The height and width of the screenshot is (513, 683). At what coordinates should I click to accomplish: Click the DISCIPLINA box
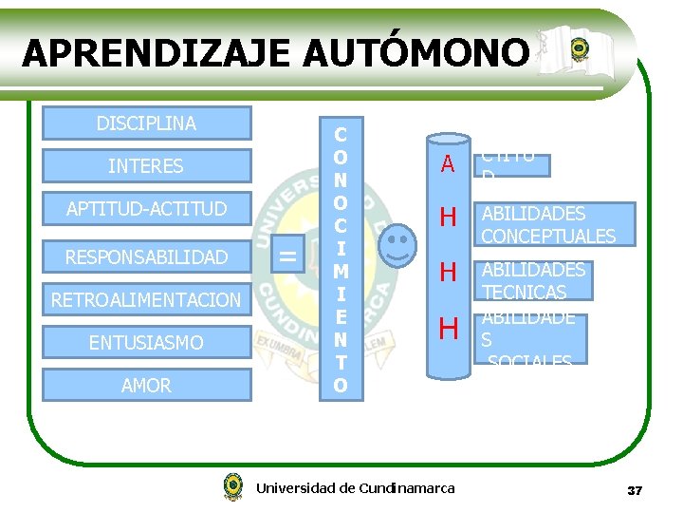pos(146,123)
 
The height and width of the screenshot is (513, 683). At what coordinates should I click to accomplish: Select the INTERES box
pos(146,166)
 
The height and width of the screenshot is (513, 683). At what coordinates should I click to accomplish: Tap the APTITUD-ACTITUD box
pos(146,209)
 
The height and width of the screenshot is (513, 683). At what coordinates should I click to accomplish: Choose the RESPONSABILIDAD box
pos(146,256)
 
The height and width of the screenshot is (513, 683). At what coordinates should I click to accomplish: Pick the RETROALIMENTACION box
pos(146,300)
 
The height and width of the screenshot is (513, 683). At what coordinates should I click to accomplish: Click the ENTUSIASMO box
pos(146,342)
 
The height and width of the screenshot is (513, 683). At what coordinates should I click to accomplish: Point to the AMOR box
pos(146,385)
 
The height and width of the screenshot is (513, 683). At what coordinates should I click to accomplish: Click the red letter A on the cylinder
pos(448,164)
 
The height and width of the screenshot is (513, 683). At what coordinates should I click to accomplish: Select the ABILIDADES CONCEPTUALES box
pos(548,225)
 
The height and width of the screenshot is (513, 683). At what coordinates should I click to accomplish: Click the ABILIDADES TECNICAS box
pos(533,281)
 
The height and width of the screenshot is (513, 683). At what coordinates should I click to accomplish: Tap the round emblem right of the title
pos(579,49)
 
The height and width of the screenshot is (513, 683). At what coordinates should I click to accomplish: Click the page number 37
pos(635,490)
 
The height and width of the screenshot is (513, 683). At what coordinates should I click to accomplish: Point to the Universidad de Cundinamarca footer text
pos(355,488)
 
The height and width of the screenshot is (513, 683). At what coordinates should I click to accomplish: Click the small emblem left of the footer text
pos(232,487)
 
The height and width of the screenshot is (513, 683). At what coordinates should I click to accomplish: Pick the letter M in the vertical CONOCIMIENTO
pos(341,272)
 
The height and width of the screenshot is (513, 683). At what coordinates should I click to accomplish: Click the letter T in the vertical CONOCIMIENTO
pos(341,363)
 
